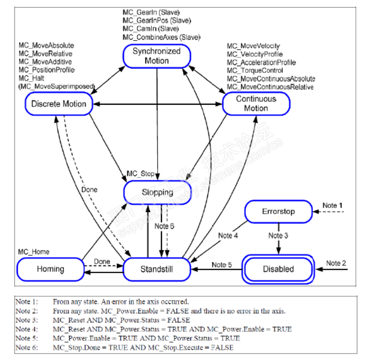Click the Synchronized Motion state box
pos(157,56)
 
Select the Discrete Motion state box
pos(59,104)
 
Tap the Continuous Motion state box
pos(256,103)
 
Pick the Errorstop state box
pos(278,211)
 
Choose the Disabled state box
pos(278,269)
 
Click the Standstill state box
pos(157,269)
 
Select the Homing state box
pos(50,269)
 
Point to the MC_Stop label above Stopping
pos(140,173)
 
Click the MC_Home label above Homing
pos(34,252)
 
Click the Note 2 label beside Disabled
pos(337,263)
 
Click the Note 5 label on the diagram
pos(222,264)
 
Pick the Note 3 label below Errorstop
pos(279,235)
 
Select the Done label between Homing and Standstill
pos(102,262)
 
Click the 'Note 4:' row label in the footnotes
pos(27,329)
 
